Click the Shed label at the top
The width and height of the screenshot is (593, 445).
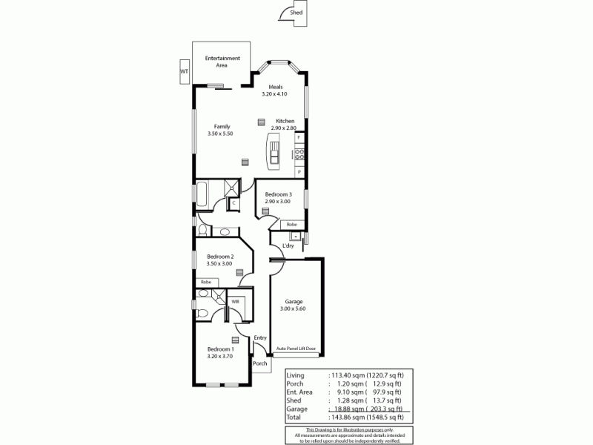pos(296,13)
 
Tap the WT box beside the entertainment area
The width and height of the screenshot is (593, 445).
pos(183,71)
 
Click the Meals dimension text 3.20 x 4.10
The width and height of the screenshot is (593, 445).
pos(274,94)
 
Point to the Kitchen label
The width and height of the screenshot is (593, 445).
pos(285,121)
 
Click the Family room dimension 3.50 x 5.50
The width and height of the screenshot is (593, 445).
pos(221,133)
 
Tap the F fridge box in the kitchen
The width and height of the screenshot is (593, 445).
pos(299,139)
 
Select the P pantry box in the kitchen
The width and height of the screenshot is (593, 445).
pos(299,171)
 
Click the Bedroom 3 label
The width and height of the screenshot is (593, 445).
pos(279,194)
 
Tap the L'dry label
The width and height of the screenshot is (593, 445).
pos(288,246)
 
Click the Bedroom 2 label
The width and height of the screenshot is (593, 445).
pos(220,256)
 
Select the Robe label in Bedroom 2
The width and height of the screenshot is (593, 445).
pos(205,282)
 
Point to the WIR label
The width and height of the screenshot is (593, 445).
pos(235,302)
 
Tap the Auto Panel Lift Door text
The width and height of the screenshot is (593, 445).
pos(296,349)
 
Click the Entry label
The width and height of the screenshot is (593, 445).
pos(259,338)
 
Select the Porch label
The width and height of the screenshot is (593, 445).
pos(259,363)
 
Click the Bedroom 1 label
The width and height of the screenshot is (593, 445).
pos(220,349)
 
